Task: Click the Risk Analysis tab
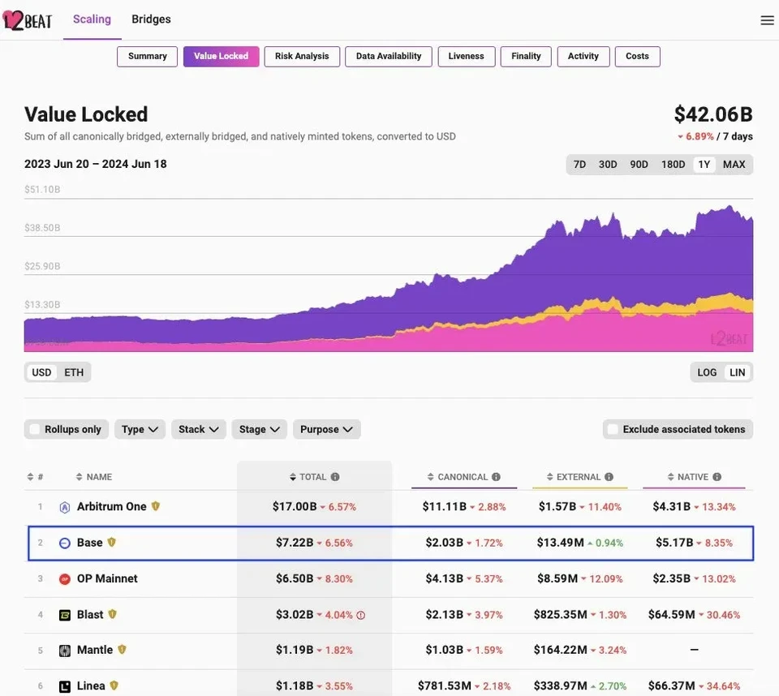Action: pyautogui.click(x=302, y=56)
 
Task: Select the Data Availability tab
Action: pyautogui.click(x=388, y=56)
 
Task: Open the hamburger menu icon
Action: pyautogui.click(x=767, y=20)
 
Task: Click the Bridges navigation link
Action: pyautogui.click(x=151, y=19)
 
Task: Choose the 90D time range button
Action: pyautogui.click(x=639, y=165)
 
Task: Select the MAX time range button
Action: pyautogui.click(x=734, y=165)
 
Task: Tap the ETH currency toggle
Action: pyautogui.click(x=74, y=372)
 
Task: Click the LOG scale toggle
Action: pyautogui.click(x=707, y=372)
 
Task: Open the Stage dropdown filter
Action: pyautogui.click(x=260, y=429)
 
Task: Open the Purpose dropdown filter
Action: pyautogui.click(x=326, y=429)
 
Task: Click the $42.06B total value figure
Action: pyautogui.click(x=712, y=114)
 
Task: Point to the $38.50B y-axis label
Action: pyautogui.click(x=42, y=228)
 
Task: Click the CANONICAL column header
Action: pyautogui.click(x=463, y=477)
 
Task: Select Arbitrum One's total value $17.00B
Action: pyautogui.click(x=295, y=507)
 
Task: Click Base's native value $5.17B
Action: pyautogui.click(x=674, y=543)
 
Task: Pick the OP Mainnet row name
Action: pyautogui.click(x=107, y=578)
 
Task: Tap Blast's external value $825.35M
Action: pyautogui.click(x=560, y=615)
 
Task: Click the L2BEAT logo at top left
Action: pyautogui.click(x=28, y=20)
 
